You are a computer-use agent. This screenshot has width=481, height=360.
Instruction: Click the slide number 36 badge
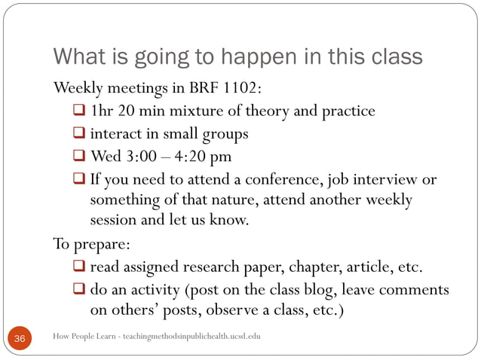(x=20, y=339)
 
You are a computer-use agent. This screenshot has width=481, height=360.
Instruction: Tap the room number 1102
(x=240, y=88)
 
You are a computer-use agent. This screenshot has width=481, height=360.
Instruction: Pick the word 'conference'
(x=295, y=179)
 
